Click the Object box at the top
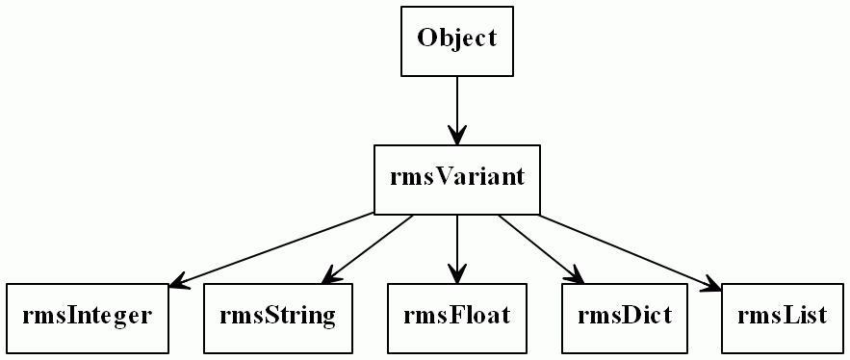(456, 40)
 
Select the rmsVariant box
(456, 179)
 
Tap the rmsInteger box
(87, 318)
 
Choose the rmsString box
(277, 318)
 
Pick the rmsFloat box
(456, 318)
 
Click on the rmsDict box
(624, 318)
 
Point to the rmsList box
(782, 318)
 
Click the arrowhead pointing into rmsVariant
(456, 136)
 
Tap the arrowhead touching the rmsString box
(331, 276)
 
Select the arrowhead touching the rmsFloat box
(456, 274)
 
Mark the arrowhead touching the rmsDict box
(576, 276)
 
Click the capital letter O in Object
(426, 39)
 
